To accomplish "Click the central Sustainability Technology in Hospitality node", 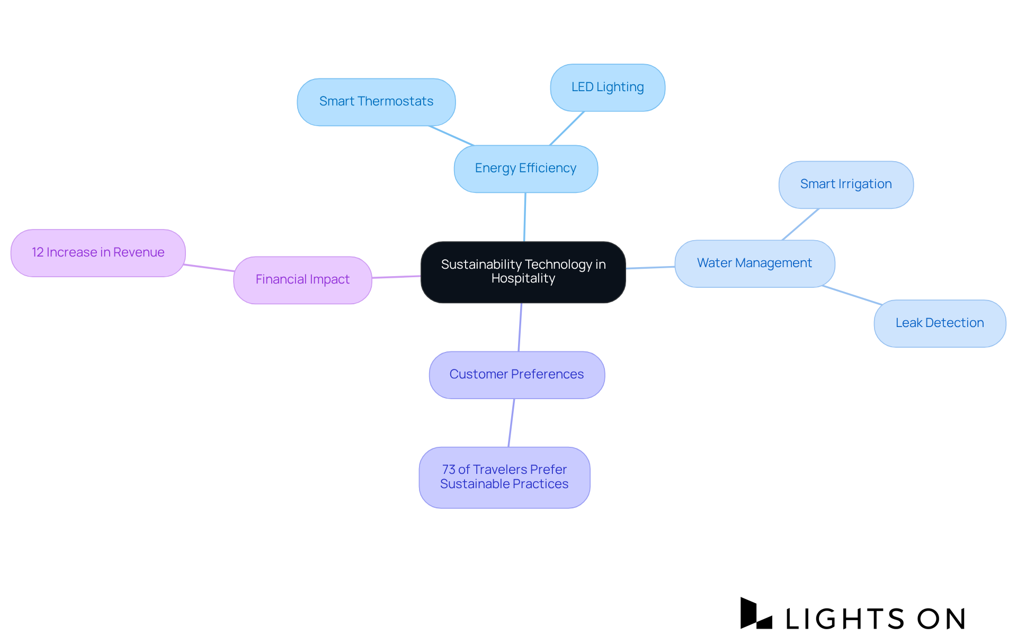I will pos(523,272).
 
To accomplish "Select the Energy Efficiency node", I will pos(525,169).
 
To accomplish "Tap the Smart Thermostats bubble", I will pos(376,102).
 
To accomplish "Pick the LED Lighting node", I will pos(608,87).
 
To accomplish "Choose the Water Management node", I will pos(754,263).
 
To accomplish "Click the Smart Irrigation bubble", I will pos(846,184).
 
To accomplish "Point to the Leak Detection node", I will pos(940,323).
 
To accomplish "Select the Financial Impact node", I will pos(302,280).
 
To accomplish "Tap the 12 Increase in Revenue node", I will pos(98,253).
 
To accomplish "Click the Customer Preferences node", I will pos(516,375).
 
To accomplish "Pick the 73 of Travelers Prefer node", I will pos(504,477).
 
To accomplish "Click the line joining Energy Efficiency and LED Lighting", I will pos(567,128).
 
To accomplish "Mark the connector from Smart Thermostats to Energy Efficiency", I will pos(451,136).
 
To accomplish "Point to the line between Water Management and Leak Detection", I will pos(852,295).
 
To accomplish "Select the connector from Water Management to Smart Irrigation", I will pos(800,224).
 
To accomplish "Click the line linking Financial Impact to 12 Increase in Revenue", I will pos(209,268).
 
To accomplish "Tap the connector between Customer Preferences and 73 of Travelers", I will pos(511,423).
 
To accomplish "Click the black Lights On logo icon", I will pos(755,614).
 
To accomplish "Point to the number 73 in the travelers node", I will pos(449,470).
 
